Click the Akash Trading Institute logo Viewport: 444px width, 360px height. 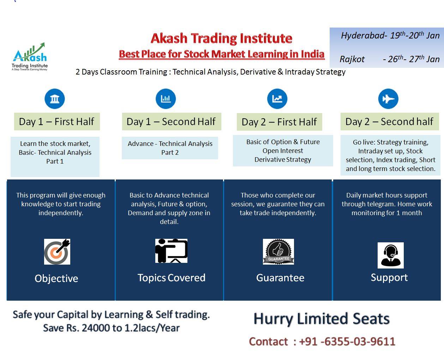click(30, 57)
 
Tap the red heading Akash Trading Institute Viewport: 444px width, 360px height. click(221, 39)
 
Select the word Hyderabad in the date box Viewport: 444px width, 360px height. click(363, 36)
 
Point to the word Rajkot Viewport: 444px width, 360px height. click(352, 59)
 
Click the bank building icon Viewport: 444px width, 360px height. click(55, 99)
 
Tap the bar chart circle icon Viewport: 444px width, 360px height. click(166, 99)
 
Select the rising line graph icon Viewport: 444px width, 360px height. click(277, 99)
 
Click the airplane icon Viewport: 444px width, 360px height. click(388, 99)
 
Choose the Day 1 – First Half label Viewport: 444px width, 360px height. click(57, 122)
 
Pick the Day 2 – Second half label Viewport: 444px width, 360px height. click(390, 122)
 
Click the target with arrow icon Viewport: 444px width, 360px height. click(57, 252)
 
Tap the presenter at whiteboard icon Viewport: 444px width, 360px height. click(171, 251)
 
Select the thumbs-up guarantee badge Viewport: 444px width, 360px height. click(278, 252)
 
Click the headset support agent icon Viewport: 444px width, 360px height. click(391, 255)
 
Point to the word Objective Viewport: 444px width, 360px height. click(56, 279)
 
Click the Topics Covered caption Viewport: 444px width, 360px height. click(172, 278)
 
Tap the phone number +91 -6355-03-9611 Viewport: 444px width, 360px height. click(347, 342)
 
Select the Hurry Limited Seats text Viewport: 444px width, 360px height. click(322, 319)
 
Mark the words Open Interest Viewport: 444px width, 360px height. click(283, 151)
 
